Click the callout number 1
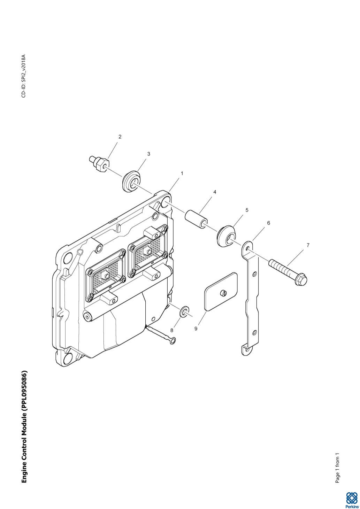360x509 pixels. [x=182, y=173]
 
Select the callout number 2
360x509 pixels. [x=120, y=137]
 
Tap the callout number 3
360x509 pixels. [x=149, y=154]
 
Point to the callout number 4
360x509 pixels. [x=215, y=192]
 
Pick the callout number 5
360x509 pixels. [x=247, y=210]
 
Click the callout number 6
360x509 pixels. [x=268, y=223]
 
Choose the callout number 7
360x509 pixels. [x=308, y=245]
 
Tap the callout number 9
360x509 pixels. [x=196, y=329]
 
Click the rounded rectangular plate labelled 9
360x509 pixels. [x=221, y=292]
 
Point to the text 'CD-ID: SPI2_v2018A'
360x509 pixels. [x=24, y=76]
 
